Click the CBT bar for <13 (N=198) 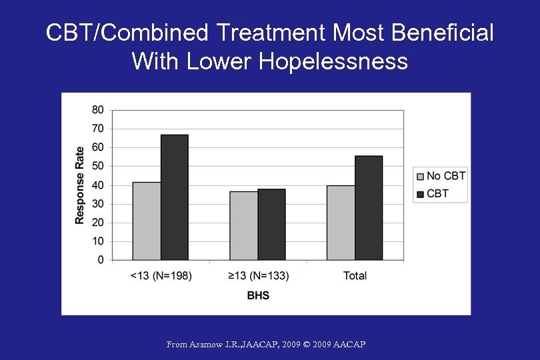(174, 197)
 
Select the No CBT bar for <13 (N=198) (147, 221)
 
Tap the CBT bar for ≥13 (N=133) (271, 225)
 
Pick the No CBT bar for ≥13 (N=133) (244, 226)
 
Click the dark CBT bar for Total (369, 208)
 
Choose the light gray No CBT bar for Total (341, 223)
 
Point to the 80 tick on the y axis (97, 109)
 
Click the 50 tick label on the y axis (97, 166)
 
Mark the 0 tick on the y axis (101, 260)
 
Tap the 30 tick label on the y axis (97, 204)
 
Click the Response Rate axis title (80, 185)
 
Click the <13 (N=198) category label (161, 276)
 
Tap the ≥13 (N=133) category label (258, 276)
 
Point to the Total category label (355, 276)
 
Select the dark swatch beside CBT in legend (420, 194)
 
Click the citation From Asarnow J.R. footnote (266, 345)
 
